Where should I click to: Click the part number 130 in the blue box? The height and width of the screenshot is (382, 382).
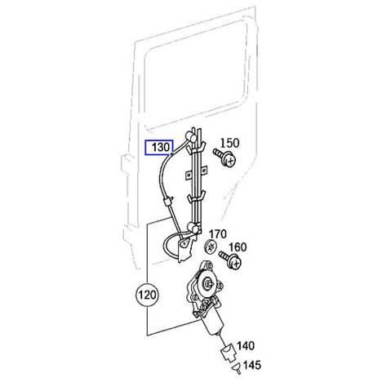(x=161, y=148)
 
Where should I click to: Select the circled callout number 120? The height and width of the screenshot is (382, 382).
(x=148, y=295)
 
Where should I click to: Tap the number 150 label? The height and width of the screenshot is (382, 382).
(x=230, y=143)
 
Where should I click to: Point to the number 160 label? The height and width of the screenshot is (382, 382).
(x=238, y=247)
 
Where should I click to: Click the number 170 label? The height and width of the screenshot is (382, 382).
(x=217, y=234)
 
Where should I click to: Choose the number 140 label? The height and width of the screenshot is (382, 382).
(x=246, y=346)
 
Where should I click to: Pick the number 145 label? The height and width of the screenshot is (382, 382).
(x=252, y=365)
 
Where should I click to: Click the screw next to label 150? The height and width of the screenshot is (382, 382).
(x=224, y=158)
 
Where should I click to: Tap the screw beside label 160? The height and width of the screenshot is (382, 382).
(x=230, y=260)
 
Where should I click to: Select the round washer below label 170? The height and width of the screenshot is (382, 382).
(x=211, y=247)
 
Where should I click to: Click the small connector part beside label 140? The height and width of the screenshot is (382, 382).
(x=228, y=353)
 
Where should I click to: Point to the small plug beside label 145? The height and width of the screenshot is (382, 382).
(x=237, y=369)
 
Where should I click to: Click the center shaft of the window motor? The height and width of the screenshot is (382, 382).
(x=208, y=282)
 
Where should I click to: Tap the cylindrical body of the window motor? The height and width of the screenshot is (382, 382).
(x=213, y=322)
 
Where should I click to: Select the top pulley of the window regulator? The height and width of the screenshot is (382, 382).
(x=191, y=137)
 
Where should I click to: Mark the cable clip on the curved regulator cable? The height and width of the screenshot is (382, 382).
(x=167, y=202)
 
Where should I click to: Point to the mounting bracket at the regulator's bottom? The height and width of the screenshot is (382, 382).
(x=185, y=249)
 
